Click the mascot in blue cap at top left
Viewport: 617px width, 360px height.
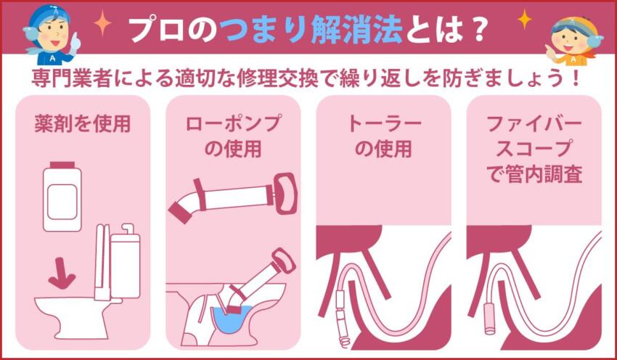pyautogui.click(x=51, y=33)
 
